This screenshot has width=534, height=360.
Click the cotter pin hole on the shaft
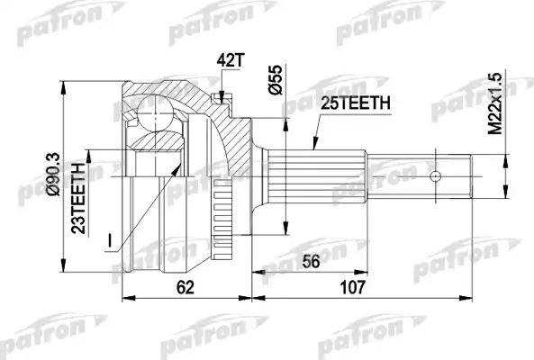click(x=436, y=176)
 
